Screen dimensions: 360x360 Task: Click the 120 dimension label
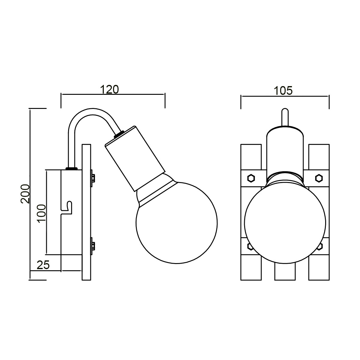tap(109, 89)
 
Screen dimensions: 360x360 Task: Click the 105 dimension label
tap(283, 90)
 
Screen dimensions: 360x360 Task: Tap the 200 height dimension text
tap(25, 193)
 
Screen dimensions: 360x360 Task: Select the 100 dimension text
tap(42, 214)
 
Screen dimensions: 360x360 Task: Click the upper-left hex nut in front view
tap(250, 178)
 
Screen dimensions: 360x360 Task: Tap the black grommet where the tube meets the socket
tap(119, 134)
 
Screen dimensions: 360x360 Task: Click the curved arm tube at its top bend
tap(90, 112)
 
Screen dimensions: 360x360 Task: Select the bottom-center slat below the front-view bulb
tap(285, 271)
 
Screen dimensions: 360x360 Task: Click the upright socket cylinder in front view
tap(285, 150)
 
